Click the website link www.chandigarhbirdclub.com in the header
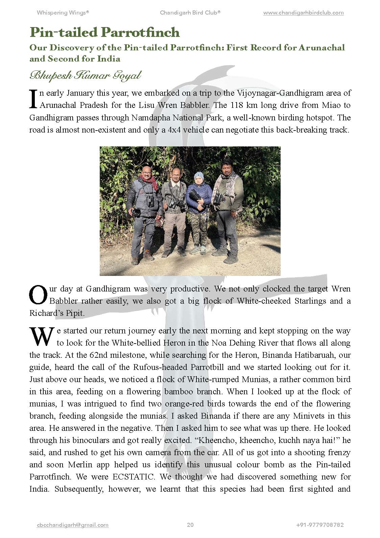click(303, 13)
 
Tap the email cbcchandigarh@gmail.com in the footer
click(72, 525)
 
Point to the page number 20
click(190, 525)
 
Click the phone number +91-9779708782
click(319, 525)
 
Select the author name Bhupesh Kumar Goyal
click(85, 75)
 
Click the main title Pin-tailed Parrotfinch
click(104, 32)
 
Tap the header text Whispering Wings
click(63, 13)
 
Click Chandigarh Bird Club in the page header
click(190, 13)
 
